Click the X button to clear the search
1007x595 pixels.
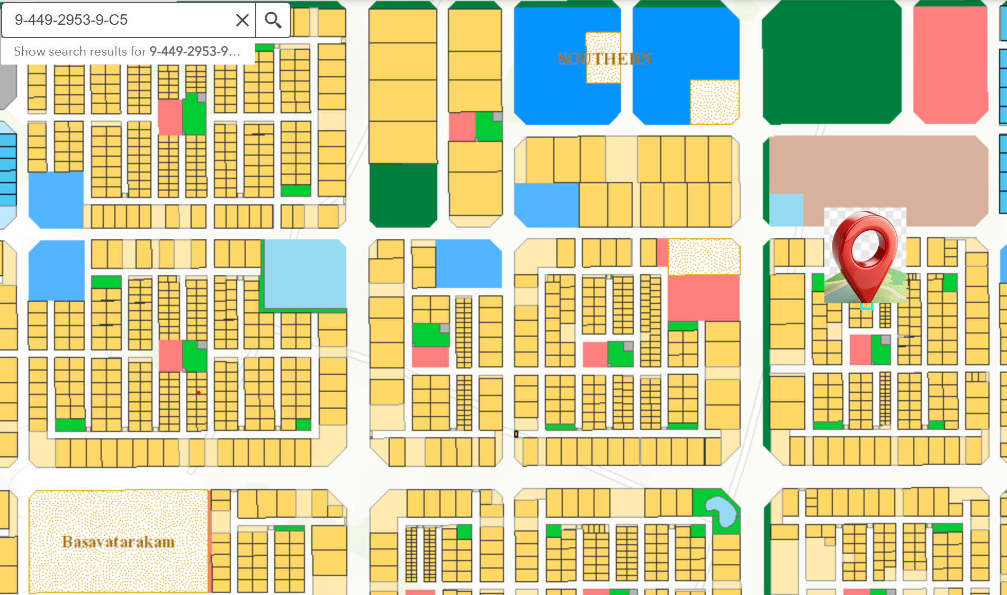click(x=242, y=20)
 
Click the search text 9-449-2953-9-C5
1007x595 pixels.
click(x=71, y=20)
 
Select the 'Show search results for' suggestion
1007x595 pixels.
click(x=127, y=51)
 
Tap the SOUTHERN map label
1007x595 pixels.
click(x=605, y=59)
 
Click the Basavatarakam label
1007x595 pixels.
click(x=118, y=542)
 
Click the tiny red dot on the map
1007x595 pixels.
click(x=199, y=393)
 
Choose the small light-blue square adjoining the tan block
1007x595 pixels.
click(x=786, y=210)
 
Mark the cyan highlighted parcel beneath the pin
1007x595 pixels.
click(x=866, y=306)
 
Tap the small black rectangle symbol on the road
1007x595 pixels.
click(x=516, y=434)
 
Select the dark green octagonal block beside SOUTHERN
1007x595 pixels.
click(x=831, y=62)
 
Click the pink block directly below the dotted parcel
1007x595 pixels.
click(x=703, y=297)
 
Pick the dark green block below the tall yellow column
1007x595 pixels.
click(x=403, y=194)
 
